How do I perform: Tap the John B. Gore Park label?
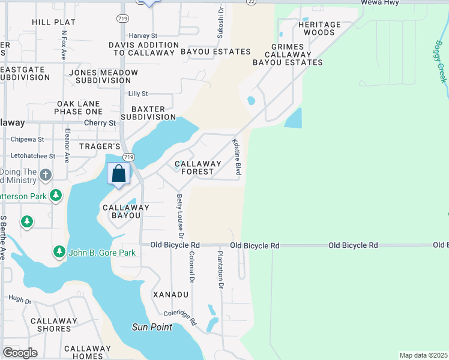pos(102,253)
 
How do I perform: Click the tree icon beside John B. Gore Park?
pos(59,252)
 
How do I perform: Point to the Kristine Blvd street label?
pos(237,158)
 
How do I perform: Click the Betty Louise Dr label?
pos(179,216)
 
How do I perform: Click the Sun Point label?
pos(152,327)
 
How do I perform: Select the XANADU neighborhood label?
pos(170,295)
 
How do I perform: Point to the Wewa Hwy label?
pos(380,3)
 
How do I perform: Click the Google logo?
pos(20,353)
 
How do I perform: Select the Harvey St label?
pos(142,36)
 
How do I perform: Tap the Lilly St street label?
pos(137,94)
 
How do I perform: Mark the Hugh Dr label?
pos(20,298)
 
